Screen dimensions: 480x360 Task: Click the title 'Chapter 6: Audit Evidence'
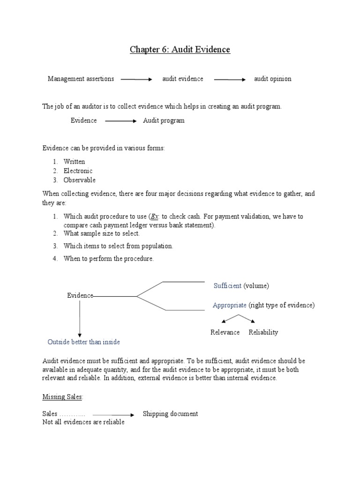[x=180, y=49]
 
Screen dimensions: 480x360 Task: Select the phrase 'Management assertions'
[x=81, y=79]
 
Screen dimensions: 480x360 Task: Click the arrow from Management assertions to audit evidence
[x=136, y=80]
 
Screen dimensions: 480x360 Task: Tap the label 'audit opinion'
[x=272, y=79]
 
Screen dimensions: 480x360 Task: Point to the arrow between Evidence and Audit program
[x=120, y=121]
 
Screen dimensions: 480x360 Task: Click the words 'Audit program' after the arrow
[x=164, y=120]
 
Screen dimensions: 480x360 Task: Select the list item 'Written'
[x=75, y=162]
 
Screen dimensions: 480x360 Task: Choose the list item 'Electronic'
[x=78, y=171]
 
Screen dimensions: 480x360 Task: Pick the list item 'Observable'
[x=79, y=180]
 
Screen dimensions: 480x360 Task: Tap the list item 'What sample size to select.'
[x=102, y=233]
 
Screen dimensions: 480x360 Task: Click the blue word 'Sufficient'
[x=227, y=285]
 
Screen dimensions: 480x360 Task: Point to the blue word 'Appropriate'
[x=229, y=305]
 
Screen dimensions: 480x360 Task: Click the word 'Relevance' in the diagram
[x=225, y=332]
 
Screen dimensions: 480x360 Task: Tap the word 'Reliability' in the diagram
[x=263, y=332]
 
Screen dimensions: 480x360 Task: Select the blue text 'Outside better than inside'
[x=83, y=342]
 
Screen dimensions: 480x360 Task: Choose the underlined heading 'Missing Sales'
[x=62, y=397]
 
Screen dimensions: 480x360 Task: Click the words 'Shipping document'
[x=170, y=414]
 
